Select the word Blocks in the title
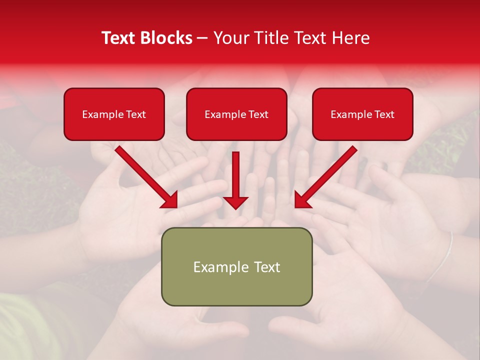[167, 38]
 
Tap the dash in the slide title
[202, 38]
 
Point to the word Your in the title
[231, 38]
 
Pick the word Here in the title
[350, 38]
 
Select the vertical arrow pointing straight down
[235, 180]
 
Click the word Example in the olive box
[220, 267]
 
